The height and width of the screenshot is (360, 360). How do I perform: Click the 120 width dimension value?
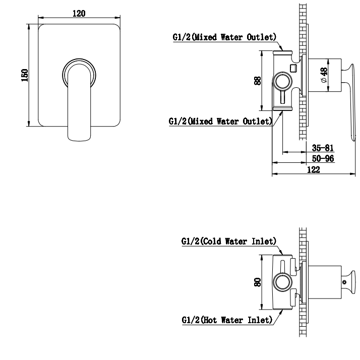point(79,14)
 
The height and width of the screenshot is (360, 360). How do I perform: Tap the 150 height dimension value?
point(25,75)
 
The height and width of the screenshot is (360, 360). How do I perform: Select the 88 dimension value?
point(258,81)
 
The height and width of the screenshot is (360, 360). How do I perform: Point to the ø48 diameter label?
point(324,75)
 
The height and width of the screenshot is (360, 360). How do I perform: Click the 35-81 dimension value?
point(323,148)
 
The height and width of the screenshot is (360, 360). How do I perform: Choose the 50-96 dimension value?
point(323,159)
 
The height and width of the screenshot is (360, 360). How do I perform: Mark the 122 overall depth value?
point(314,170)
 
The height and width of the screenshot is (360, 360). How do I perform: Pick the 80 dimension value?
point(258,282)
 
